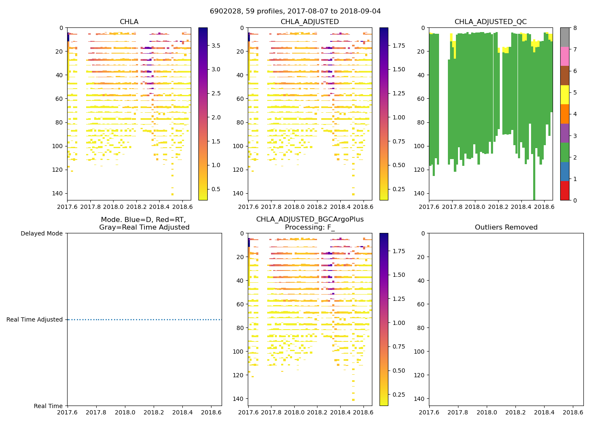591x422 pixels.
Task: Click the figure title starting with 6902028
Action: [x=295, y=11]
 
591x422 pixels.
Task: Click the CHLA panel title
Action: [x=129, y=22]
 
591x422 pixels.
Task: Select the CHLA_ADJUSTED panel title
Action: [x=309, y=22]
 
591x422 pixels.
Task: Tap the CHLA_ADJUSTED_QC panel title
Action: [x=491, y=22]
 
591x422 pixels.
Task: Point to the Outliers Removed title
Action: [x=506, y=227]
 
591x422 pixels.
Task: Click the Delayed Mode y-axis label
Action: [x=41, y=233]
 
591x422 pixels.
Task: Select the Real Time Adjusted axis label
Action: [x=35, y=320]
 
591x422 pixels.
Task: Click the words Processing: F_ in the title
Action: [x=309, y=227]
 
